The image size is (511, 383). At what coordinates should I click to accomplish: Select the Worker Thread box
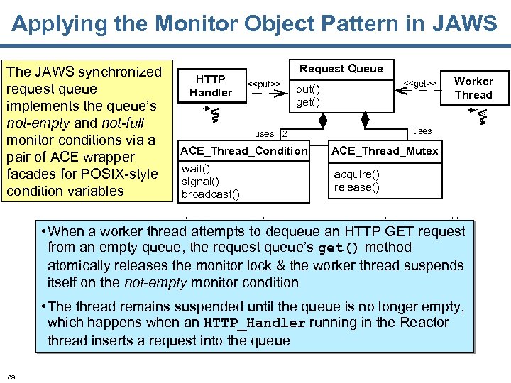click(x=473, y=88)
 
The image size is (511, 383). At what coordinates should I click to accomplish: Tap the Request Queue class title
click(x=341, y=69)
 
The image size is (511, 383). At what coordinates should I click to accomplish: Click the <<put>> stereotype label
click(x=263, y=84)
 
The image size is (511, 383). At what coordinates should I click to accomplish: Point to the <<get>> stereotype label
click(x=419, y=84)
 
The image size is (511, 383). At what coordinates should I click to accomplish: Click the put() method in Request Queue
click(x=307, y=89)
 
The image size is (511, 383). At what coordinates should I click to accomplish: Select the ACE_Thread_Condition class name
click(x=244, y=151)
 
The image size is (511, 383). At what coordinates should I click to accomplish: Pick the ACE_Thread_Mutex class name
click(x=385, y=151)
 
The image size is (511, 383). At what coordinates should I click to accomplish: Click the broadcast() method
click(x=210, y=194)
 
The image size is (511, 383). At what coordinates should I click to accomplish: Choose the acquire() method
click(x=356, y=174)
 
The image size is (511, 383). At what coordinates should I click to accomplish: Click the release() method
click(x=356, y=187)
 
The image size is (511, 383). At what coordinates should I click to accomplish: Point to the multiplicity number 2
click(x=285, y=133)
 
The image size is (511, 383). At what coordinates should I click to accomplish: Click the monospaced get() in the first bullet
click(x=339, y=248)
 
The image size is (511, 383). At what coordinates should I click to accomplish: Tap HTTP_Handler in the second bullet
click(x=255, y=323)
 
